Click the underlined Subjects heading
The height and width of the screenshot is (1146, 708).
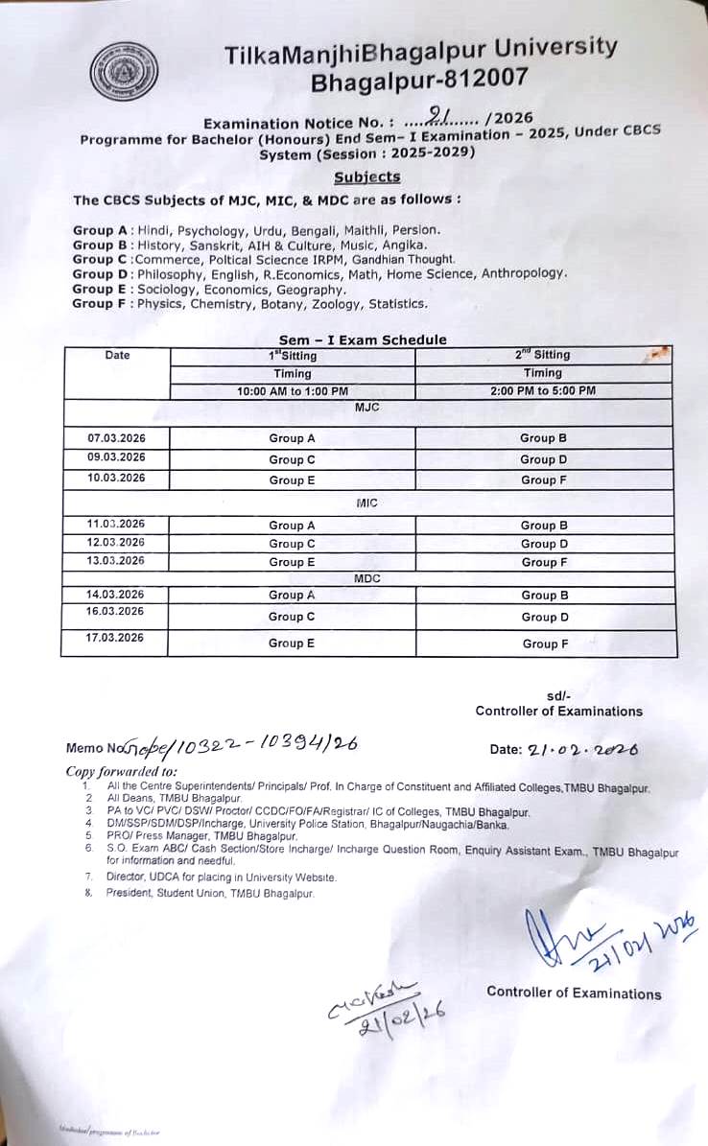pyautogui.click(x=366, y=176)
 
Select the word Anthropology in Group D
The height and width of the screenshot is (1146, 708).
pyautogui.click(x=524, y=273)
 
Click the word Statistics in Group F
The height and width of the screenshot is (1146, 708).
pyautogui.click(x=395, y=304)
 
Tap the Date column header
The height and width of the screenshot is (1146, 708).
pyautogui.click(x=117, y=355)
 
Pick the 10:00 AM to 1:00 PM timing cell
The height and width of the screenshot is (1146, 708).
pyautogui.click(x=292, y=390)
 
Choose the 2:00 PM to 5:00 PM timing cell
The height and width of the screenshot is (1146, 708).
pyautogui.click(x=542, y=390)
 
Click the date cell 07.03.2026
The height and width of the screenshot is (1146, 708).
pyautogui.click(x=115, y=438)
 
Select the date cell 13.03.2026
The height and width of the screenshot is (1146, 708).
pyautogui.click(x=115, y=561)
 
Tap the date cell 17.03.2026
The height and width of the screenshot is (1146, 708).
pyautogui.click(x=115, y=638)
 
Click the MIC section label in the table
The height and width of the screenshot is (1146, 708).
pyautogui.click(x=366, y=503)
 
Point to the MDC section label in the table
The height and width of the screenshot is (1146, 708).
pyautogui.click(x=367, y=578)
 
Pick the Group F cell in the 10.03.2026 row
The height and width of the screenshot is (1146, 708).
pyautogui.click(x=543, y=479)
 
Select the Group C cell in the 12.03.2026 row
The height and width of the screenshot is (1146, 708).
pyautogui.click(x=292, y=544)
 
